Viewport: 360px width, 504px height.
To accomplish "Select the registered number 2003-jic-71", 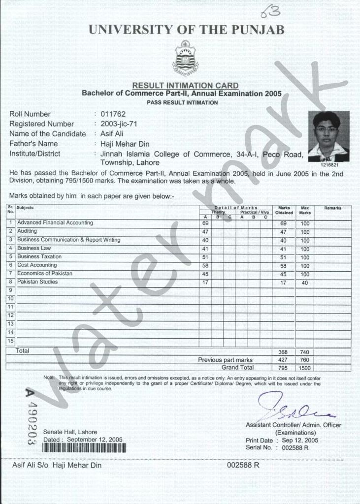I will (118, 124).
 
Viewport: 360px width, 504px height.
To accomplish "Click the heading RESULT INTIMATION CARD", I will (185, 86).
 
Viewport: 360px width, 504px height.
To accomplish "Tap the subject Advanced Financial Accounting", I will (55, 223).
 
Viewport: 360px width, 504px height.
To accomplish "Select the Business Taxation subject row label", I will (39, 257).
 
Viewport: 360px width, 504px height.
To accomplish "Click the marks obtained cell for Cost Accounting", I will (283, 266).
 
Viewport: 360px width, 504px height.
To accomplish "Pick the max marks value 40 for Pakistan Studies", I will (305, 283).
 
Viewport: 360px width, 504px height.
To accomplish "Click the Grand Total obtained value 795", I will (283, 368).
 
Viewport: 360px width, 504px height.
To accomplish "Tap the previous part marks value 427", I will (283, 360).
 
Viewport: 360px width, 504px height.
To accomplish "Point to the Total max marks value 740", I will (305, 352).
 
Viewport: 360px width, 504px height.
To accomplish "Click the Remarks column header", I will (332, 208).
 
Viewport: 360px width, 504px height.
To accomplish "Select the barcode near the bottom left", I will (84, 447).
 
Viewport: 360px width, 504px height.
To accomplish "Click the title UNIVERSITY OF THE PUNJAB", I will (187, 30).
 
